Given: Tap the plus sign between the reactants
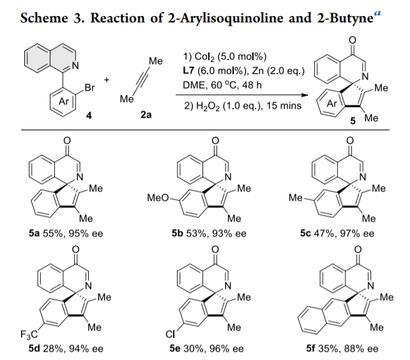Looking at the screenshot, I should pyautogui.click(x=106, y=80).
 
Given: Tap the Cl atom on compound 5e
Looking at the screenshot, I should pyautogui.click(x=171, y=333).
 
